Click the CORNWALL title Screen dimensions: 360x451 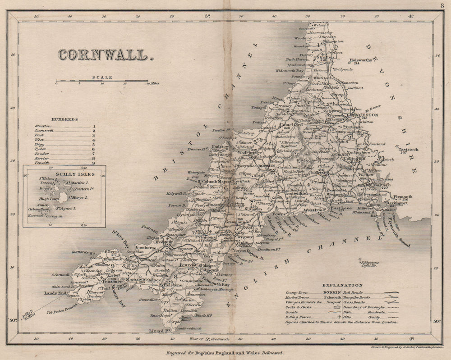click(102, 55)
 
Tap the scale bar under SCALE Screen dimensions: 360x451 click(102, 82)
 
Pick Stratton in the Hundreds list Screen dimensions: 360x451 click(43, 127)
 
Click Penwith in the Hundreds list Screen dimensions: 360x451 click(42, 163)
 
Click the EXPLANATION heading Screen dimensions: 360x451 click(342, 285)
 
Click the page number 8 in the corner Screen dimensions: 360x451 click(442, 5)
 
